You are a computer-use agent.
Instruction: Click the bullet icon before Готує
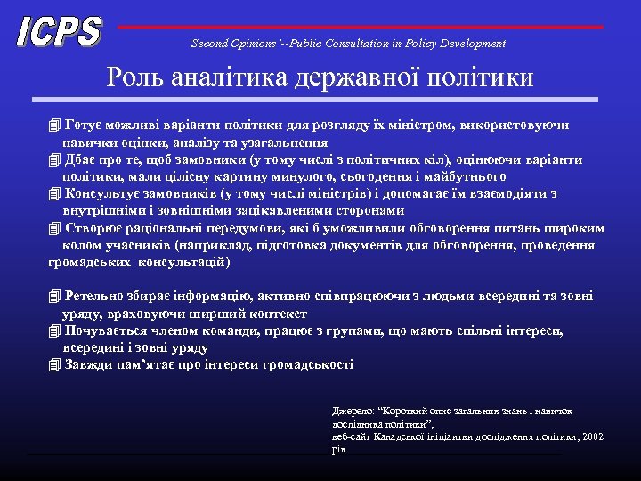(x=54, y=126)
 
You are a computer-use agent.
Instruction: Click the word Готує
(x=83, y=126)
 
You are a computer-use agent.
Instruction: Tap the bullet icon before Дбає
(x=54, y=160)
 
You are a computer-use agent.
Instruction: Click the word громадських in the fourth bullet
(x=91, y=263)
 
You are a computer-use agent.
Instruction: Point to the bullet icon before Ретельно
(x=54, y=297)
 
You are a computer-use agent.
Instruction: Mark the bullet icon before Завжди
(x=54, y=365)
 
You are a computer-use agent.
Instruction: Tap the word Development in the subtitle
(x=475, y=44)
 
